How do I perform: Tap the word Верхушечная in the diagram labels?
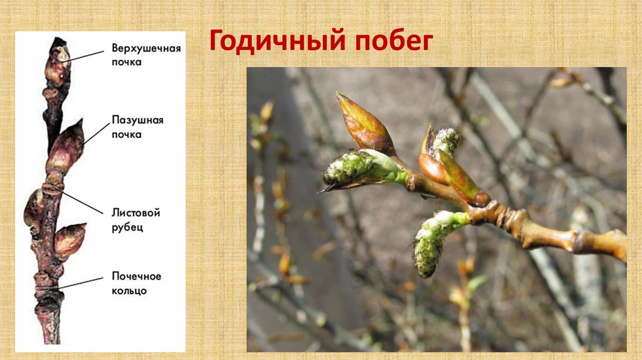click(146, 48)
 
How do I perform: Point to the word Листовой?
click(135, 213)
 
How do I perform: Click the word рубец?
click(127, 226)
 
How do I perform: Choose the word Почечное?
click(137, 277)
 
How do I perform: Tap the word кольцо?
click(129, 290)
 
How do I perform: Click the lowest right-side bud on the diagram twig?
click(69, 239)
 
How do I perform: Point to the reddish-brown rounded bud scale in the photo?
click(432, 169)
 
